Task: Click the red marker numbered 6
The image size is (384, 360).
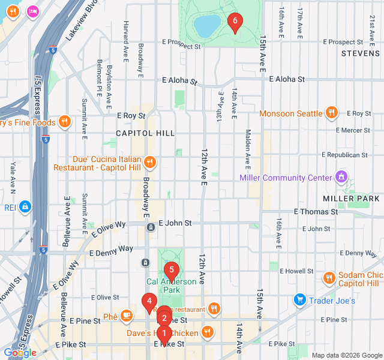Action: (x=235, y=22)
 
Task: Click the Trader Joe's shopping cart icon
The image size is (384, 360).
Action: (x=299, y=299)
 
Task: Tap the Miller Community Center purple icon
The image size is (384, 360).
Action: (x=341, y=177)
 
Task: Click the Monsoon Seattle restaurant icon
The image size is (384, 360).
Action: (x=331, y=113)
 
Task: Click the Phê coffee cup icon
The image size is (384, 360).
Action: (x=127, y=315)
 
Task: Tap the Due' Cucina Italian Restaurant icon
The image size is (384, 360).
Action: (x=150, y=162)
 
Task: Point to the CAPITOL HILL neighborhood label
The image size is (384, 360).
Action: (x=145, y=133)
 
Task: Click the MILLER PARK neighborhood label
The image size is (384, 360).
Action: (x=351, y=198)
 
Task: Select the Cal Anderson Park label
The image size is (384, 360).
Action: (x=172, y=286)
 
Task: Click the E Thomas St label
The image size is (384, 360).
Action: (x=316, y=212)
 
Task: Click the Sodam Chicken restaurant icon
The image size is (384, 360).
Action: (x=329, y=278)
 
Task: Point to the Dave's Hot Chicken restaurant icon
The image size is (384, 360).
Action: (x=208, y=332)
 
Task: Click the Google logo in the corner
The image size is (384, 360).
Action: (x=20, y=353)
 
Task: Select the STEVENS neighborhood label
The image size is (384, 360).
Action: (x=361, y=53)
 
